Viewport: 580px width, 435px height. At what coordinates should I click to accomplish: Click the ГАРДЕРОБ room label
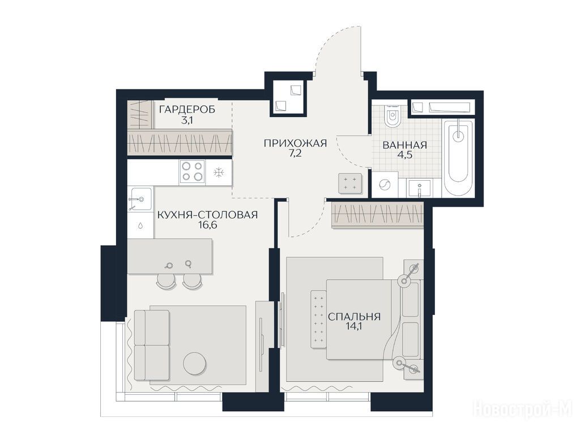187,109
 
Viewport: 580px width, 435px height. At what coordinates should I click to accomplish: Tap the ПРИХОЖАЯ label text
295,143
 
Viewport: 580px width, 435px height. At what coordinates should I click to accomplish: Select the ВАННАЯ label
404,145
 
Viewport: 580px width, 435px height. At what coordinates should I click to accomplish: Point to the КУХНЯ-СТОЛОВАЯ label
207,215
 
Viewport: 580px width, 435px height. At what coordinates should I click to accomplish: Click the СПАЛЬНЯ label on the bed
354,317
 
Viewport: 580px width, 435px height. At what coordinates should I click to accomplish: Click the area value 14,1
354,327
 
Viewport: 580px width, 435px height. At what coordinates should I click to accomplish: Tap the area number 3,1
187,120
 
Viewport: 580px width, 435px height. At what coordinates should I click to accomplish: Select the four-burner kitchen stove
193,172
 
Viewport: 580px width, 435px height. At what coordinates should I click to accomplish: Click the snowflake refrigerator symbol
219,172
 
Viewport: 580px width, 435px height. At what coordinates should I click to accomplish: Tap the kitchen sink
140,199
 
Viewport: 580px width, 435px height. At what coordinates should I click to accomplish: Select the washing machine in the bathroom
385,184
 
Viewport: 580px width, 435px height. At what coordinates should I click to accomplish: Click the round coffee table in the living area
195,363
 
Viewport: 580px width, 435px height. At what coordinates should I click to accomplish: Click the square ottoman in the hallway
349,183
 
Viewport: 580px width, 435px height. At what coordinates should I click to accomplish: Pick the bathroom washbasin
420,188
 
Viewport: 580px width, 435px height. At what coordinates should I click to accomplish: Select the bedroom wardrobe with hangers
377,215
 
